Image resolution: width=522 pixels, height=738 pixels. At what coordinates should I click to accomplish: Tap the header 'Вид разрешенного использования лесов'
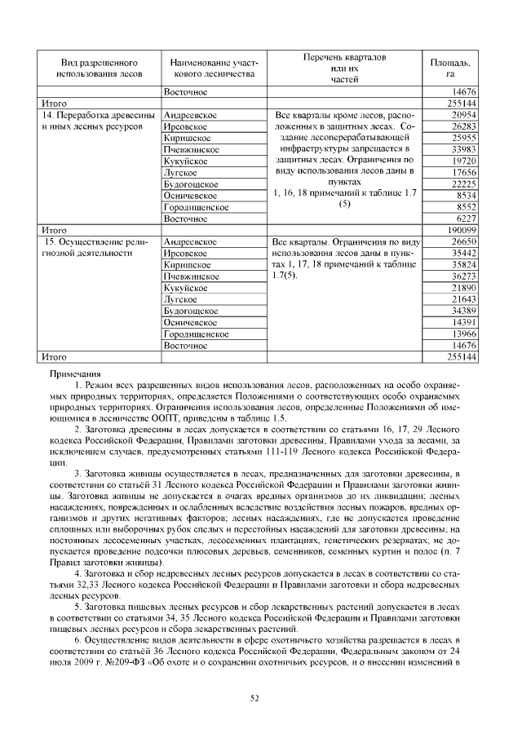click(99, 68)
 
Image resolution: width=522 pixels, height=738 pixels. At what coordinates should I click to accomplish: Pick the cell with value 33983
click(462, 150)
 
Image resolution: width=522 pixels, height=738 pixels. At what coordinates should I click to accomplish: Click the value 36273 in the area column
click(462, 276)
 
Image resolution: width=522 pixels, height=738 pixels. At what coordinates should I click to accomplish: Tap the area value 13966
click(462, 334)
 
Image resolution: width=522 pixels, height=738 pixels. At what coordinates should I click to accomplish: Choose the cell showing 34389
click(462, 311)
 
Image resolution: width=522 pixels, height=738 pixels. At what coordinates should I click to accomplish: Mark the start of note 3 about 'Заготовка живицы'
click(80, 472)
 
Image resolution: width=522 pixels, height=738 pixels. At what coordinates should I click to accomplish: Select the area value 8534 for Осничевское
click(465, 196)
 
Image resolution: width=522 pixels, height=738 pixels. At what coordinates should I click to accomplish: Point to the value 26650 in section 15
click(462, 242)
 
